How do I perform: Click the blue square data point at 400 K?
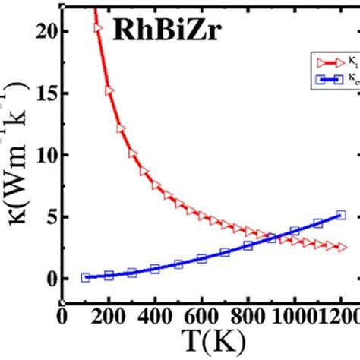click(155, 269)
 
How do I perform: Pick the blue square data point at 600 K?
click(201, 259)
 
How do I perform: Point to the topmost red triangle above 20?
click(98, 27)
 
